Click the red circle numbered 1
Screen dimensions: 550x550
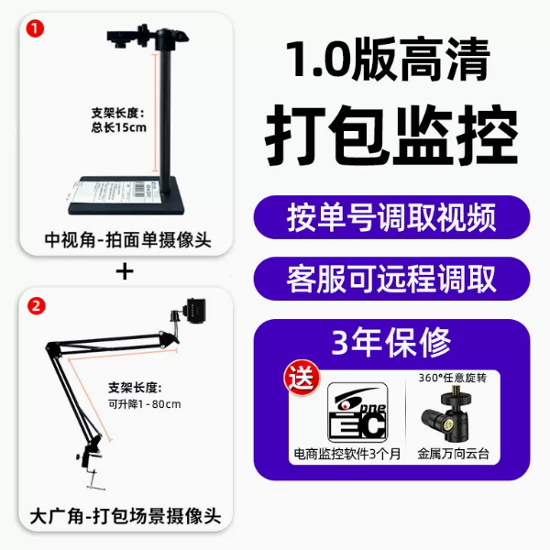[x=35, y=28]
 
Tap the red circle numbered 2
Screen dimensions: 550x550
[x=37, y=306]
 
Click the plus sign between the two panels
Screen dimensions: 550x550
[x=125, y=272]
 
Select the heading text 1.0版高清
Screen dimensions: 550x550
[x=388, y=60]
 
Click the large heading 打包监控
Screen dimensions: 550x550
[x=391, y=135]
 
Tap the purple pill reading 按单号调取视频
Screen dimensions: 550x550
[x=391, y=217]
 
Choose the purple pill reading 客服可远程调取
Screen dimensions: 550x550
[x=391, y=279]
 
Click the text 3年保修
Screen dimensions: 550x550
[x=391, y=342]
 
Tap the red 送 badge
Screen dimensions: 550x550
[x=302, y=378]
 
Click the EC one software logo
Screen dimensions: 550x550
[x=357, y=412]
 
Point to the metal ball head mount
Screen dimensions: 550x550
[x=445, y=413]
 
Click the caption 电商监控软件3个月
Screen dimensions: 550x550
[x=347, y=454]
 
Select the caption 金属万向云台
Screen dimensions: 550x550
[x=453, y=454]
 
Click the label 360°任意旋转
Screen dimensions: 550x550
[x=453, y=378]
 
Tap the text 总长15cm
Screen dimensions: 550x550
[x=118, y=127]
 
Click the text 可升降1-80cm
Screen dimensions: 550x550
[x=144, y=404]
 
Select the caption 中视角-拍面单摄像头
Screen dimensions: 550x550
[x=127, y=240]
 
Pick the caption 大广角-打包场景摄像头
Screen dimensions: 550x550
[x=126, y=516]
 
